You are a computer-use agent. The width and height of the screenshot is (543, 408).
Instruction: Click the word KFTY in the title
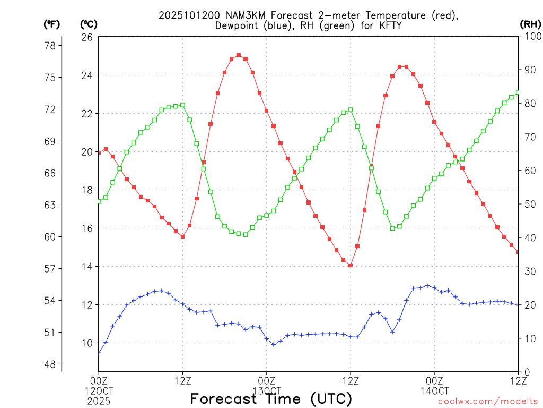click(x=389, y=25)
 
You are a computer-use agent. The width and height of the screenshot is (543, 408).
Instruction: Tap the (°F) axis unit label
click(x=52, y=24)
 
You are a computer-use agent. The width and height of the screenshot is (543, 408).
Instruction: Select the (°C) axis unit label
click(x=89, y=24)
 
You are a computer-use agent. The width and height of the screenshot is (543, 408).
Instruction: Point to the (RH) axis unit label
click(x=530, y=24)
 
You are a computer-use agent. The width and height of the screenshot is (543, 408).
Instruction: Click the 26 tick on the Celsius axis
click(x=87, y=37)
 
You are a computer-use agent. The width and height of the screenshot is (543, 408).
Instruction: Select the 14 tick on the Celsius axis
click(x=87, y=267)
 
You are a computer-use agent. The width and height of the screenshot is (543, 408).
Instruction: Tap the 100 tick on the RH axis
click(x=530, y=37)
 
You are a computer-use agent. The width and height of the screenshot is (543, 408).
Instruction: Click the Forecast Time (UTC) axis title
click(x=271, y=398)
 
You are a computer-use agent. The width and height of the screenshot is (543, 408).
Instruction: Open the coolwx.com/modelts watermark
click(x=488, y=401)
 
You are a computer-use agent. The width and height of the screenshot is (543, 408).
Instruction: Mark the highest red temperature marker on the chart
click(x=239, y=55)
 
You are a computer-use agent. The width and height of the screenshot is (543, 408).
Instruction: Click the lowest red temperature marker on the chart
click(x=351, y=265)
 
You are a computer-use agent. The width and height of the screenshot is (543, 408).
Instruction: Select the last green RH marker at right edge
click(x=518, y=92)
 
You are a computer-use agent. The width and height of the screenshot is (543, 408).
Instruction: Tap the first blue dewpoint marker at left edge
click(x=99, y=352)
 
